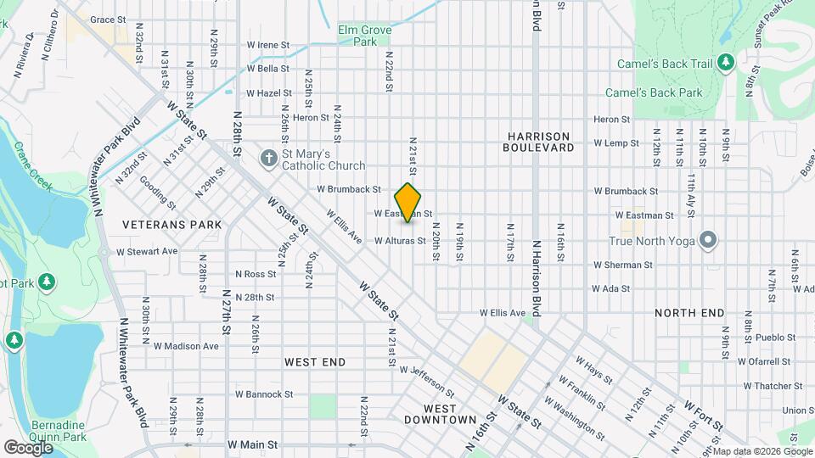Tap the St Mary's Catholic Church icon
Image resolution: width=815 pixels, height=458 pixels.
(x=269, y=159)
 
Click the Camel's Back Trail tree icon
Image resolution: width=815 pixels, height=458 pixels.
(x=725, y=62)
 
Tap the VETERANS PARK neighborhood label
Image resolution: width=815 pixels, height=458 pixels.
(x=171, y=225)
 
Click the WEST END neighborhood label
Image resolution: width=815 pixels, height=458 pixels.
(x=315, y=362)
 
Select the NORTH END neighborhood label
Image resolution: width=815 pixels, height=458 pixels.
(x=689, y=313)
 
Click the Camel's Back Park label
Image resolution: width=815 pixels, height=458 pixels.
(x=654, y=92)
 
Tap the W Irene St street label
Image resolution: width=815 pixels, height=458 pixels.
(x=268, y=45)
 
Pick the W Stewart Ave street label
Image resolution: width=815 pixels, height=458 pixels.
(x=147, y=251)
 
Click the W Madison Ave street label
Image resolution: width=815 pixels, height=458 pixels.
(x=186, y=346)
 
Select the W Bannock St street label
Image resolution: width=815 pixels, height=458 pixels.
(x=264, y=394)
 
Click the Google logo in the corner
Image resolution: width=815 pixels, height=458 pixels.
(x=28, y=447)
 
